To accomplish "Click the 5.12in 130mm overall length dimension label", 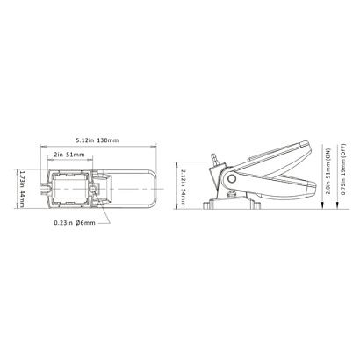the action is [97, 140].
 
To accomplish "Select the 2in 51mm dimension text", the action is [69, 155].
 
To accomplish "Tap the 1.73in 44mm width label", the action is [20, 189].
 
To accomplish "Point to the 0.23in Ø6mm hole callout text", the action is [75, 223].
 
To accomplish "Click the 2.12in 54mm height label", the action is [184, 187].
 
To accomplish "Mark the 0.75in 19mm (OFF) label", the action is [343, 169].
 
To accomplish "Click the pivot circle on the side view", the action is [232, 178].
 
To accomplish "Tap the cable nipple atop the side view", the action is [214, 158].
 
